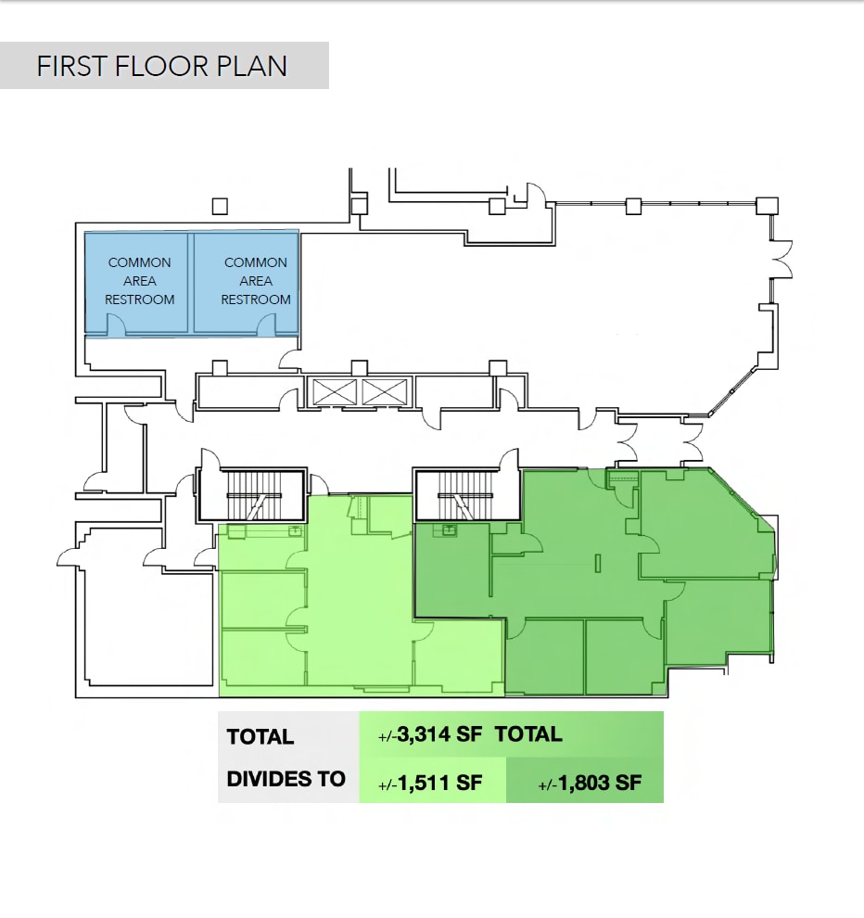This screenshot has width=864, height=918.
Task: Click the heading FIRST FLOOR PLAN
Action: [162, 67]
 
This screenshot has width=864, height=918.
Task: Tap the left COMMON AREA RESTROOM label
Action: [139, 281]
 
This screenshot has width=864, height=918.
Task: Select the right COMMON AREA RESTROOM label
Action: [256, 281]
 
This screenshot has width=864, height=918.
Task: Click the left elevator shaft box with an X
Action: [332, 392]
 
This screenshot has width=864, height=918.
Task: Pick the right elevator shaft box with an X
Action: [384, 392]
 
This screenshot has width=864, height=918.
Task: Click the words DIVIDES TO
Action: [286, 779]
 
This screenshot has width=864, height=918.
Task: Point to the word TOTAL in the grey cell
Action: [260, 737]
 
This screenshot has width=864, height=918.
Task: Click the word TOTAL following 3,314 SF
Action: [528, 734]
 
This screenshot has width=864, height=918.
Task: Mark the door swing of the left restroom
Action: [116, 324]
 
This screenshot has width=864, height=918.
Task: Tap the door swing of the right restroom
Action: [266, 324]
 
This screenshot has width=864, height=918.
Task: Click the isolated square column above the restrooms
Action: [220, 206]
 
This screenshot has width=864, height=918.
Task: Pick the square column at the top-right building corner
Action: [767, 206]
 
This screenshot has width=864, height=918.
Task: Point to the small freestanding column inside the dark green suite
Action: [599, 562]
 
